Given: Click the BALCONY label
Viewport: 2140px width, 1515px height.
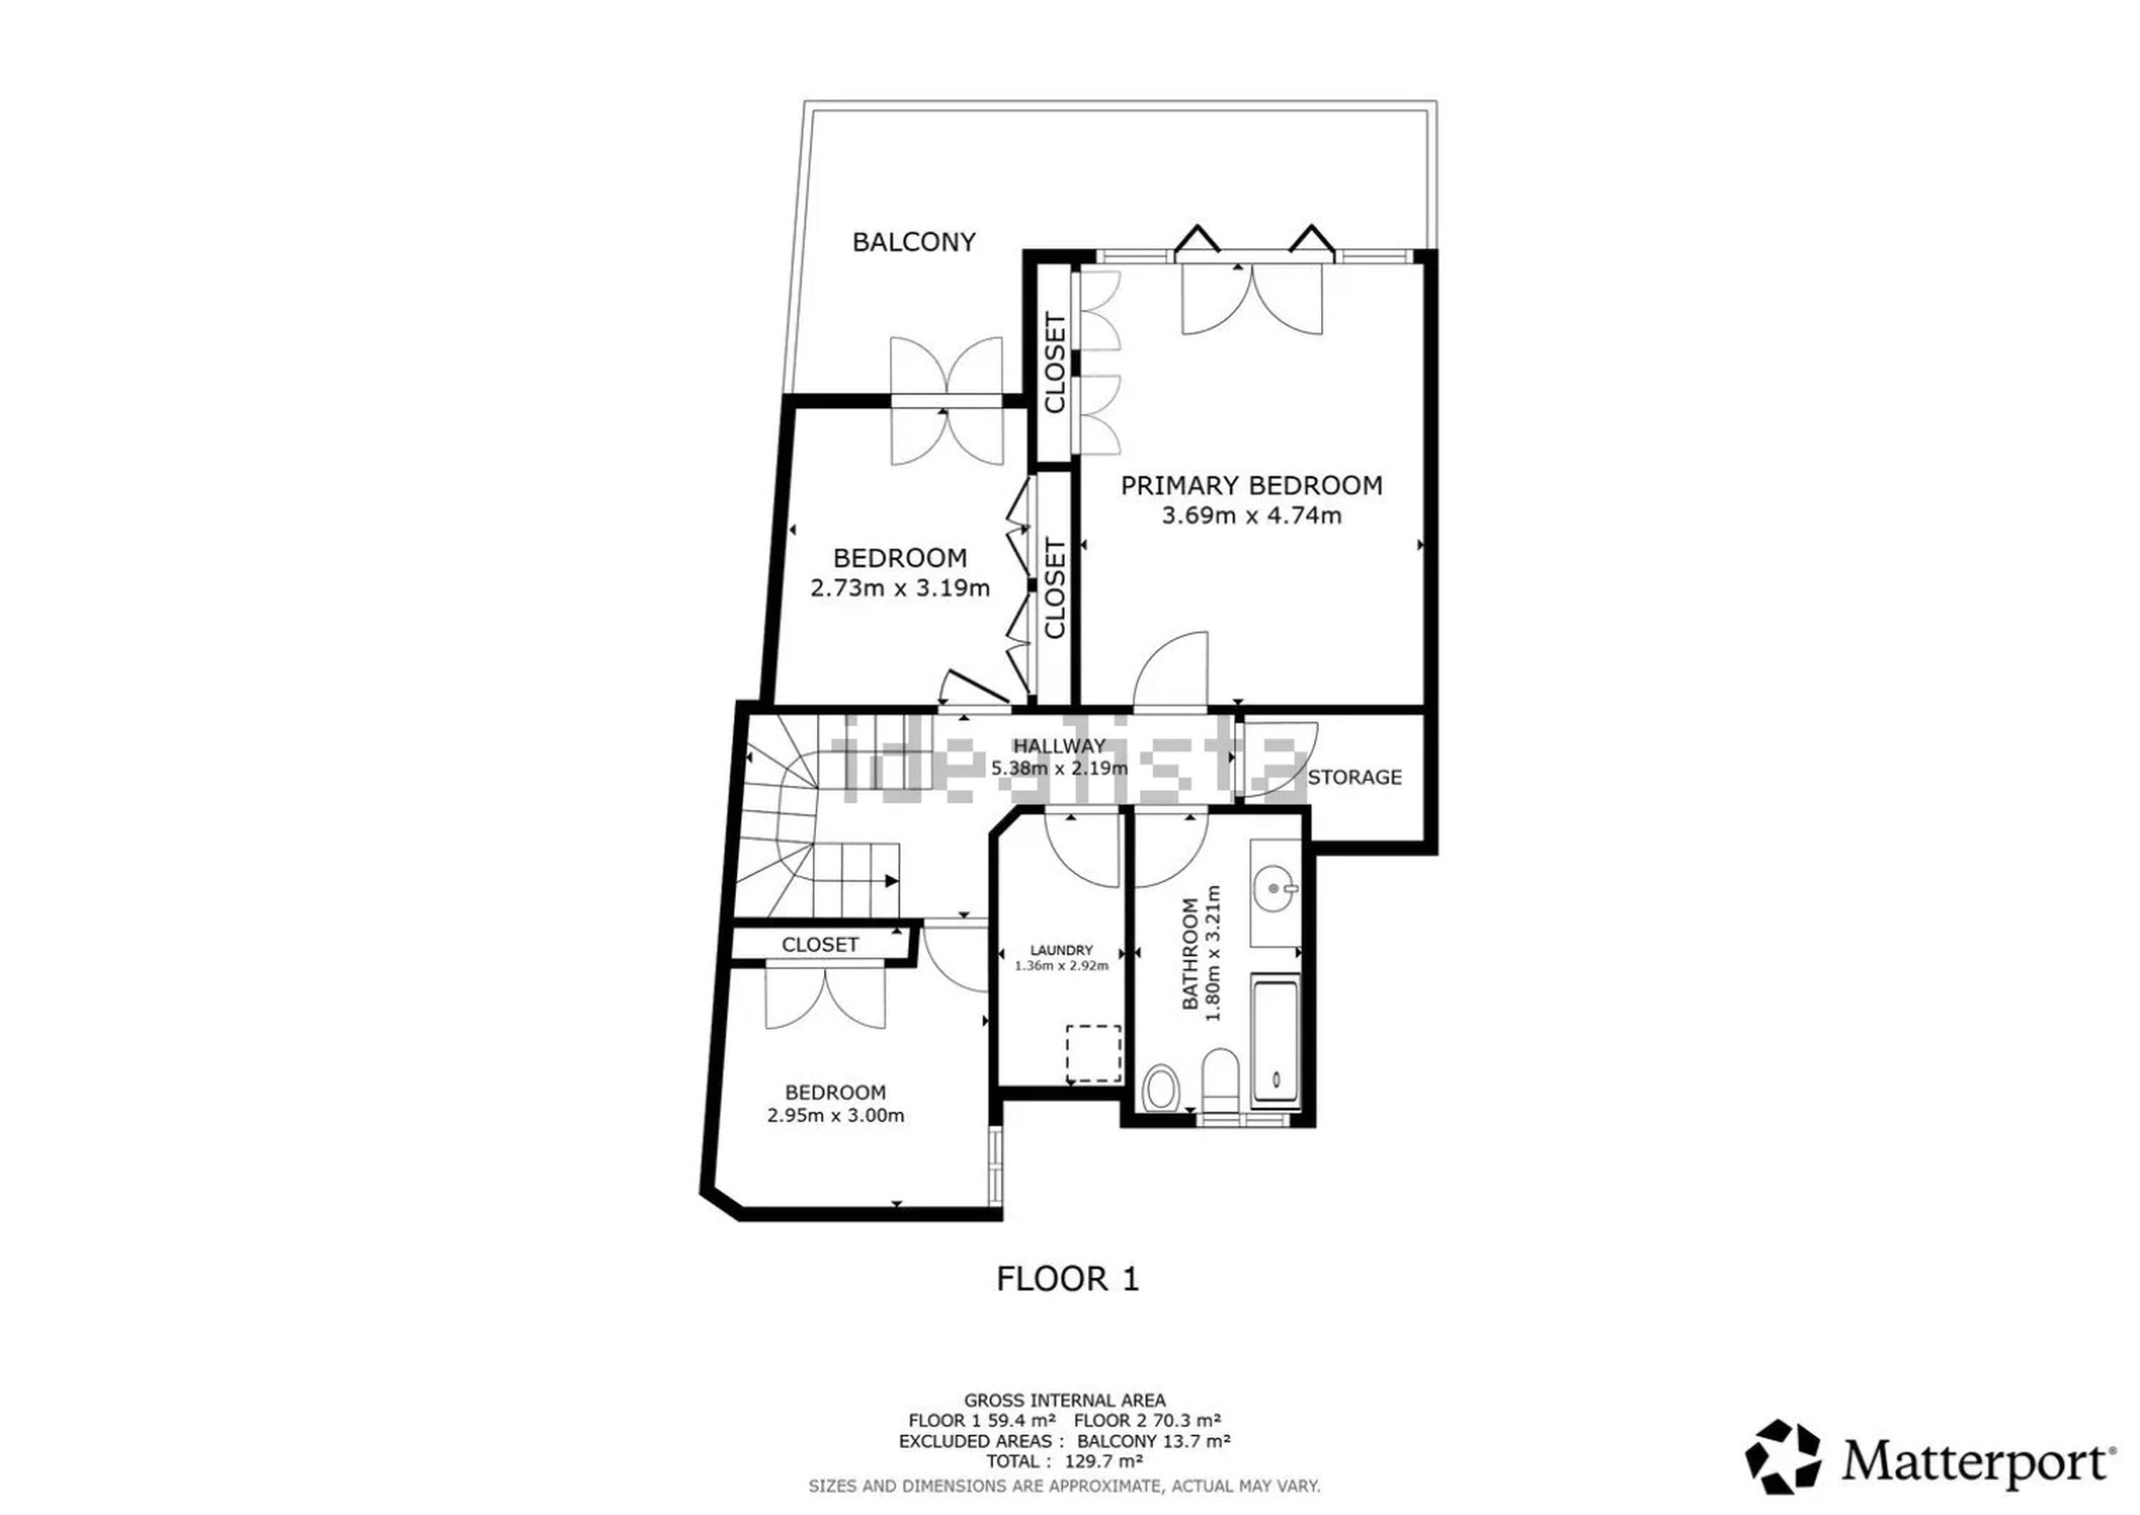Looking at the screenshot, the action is (913, 243).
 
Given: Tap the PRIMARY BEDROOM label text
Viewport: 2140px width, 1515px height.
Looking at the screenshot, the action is (1251, 485).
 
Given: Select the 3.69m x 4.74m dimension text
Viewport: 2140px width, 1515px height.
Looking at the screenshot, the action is (1251, 515).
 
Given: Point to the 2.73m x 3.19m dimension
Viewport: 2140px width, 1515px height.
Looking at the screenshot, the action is (900, 588).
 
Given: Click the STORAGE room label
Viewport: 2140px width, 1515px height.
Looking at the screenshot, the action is (1355, 777).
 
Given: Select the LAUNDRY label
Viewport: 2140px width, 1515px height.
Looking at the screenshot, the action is (1061, 949).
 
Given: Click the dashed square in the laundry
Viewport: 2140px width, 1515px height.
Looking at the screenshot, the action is (1094, 1054).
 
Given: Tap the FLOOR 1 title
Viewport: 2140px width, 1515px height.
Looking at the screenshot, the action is (1068, 1278).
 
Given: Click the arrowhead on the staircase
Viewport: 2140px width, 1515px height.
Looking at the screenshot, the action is (892, 881).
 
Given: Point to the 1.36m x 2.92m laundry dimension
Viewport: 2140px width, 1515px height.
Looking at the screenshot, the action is (1061, 966).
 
